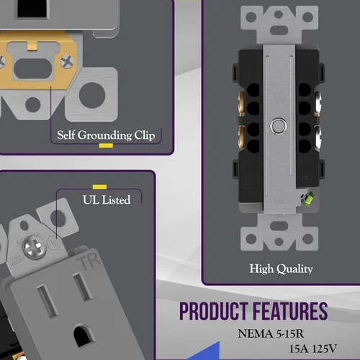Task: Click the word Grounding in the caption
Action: (x=104, y=135)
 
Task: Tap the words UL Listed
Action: (x=107, y=199)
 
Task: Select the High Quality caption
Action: (x=281, y=269)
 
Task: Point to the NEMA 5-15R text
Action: (x=271, y=333)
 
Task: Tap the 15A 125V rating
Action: (x=313, y=348)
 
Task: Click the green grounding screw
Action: (x=307, y=197)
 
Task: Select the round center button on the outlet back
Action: (x=279, y=125)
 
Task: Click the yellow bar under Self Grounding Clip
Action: (x=106, y=145)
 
